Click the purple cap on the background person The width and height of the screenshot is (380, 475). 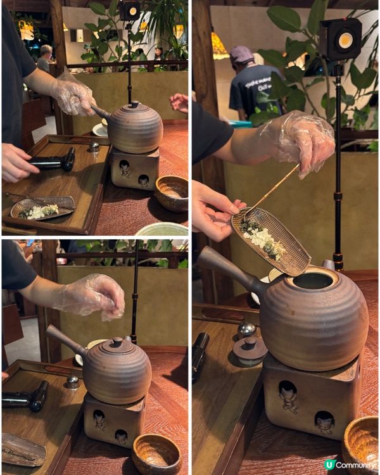pyautogui.click(x=241, y=55)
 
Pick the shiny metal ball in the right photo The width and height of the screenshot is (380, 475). pyautogui.click(x=246, y=329)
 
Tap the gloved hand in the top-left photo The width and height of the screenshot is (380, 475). pyautogui.click(x=73, y=93)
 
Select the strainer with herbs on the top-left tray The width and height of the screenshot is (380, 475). pyautogui.click(x=42, y=208)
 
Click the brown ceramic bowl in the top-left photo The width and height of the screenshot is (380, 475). pyautogui.click(x=171, y=193)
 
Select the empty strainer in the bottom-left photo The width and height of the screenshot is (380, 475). pyautogui.click(x=22, y=449)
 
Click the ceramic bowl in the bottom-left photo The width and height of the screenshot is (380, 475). pyautogui.click(x=156, y=454)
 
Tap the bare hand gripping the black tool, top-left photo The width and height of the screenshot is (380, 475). pyautogui.click(x=16, y=163)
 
